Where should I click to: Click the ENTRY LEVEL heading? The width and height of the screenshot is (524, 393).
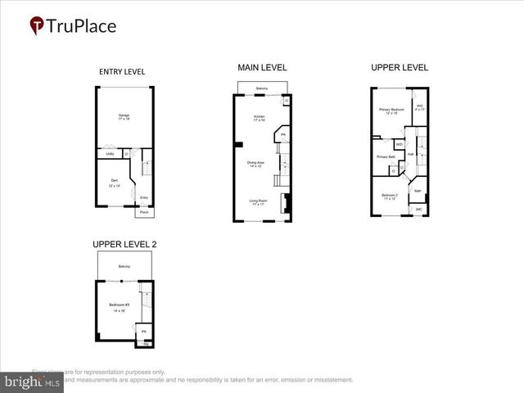[x=122, y=72]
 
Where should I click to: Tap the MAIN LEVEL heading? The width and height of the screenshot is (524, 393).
[x=262, y=67]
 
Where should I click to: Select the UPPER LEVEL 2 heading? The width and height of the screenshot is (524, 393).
[x=124, y=244]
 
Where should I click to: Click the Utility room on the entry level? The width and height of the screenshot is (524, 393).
[x=110, y=154]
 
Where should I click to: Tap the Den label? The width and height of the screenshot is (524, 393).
[x=115, y=183]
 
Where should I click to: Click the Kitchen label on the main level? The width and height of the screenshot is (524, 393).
[x=260, y=119]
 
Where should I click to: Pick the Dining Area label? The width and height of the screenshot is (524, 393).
[x=256, y=165]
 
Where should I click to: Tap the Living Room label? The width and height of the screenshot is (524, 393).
[x=259, y=201]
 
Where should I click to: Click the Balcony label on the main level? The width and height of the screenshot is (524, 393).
[x=262, y=88]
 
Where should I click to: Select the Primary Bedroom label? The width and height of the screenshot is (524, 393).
[x=391, y=111]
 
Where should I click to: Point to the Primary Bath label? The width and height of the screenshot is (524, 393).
[x=386, y=156]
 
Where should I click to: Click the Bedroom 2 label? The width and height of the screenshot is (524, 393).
[x=390, y=196]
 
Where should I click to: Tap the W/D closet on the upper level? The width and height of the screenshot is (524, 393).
[x=400, y=144]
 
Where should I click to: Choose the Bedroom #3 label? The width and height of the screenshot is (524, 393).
[x=120, y=307]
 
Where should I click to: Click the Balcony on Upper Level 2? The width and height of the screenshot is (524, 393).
[x=124, y=266]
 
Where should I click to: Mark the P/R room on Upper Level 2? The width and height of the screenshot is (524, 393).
[x=144, y=332]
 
